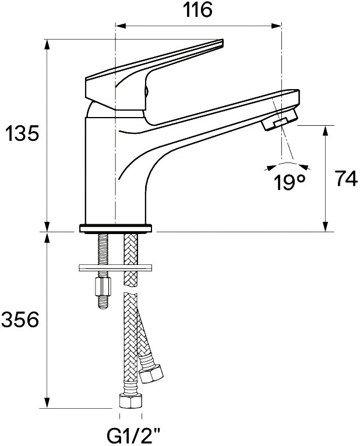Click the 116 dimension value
pyautogui.click(x=197, y=10)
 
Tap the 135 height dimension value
pyautogui.click(x=22, y=133)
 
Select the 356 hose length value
pyautogui.click(x=20, y=320)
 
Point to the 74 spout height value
pyautogui.click(x=346, y=178)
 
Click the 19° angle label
pyautogui.click(x=290, y=182)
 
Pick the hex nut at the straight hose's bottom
pyautogui.click(x=130, y=401)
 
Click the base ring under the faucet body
pyautogui.click(x=115, y=229)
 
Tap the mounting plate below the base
pyautogui.click(x=115, y=268)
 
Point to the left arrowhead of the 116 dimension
pyautogui.click(x=121, y=26)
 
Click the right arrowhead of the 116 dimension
pyautogui.click(x=276, y=26)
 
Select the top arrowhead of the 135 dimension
pyautogui.click(x=47, y=44)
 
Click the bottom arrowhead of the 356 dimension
pyautogui.click(x=47, y=403)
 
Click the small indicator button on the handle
pyautogui.click(x=147, y=91)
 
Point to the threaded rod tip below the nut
pyautogui.click(x=103, y=303)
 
